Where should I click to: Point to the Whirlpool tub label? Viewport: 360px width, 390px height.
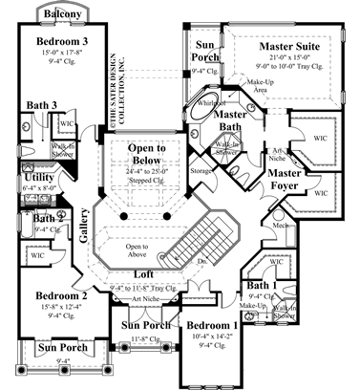pos(210,100)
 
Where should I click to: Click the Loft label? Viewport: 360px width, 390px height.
pos(146,275)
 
